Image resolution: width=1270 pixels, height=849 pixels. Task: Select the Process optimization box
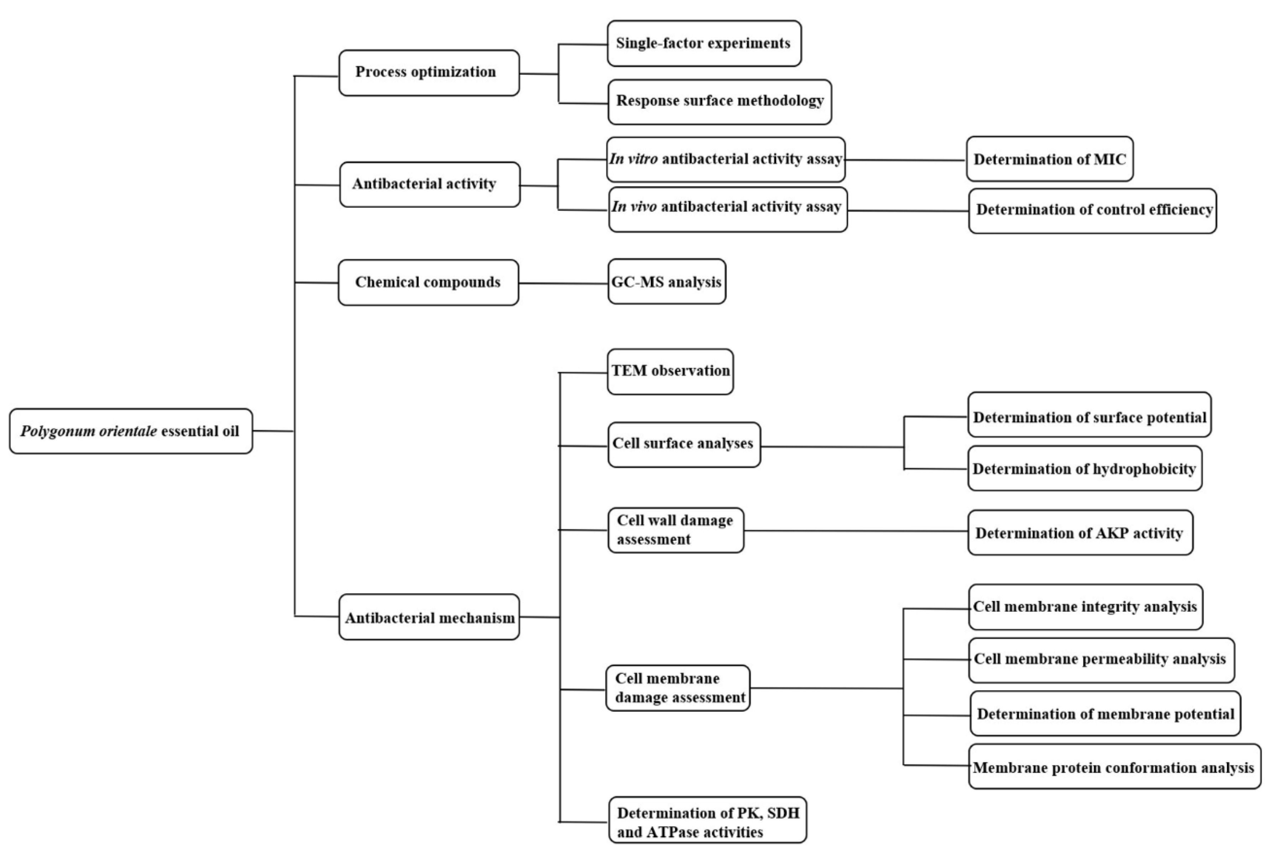429,73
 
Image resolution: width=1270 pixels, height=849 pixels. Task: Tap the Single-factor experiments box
704,43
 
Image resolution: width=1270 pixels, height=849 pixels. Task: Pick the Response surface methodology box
720,102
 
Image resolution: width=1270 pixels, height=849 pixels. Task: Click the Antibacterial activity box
430,184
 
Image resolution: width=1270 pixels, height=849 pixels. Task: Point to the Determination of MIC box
1050,159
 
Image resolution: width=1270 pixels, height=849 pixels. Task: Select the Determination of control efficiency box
1092,211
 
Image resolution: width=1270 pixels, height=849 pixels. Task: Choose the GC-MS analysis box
667,281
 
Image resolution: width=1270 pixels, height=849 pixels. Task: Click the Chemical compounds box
428,283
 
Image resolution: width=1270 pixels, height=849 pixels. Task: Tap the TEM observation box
670,371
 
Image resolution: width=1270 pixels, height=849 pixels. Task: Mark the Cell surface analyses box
684,444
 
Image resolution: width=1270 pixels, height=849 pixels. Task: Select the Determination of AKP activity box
1080,533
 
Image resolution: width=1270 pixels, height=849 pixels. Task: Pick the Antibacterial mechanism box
429,617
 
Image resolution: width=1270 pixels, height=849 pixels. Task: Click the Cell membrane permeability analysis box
1101,659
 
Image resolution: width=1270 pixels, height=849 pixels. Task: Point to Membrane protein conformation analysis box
1114,767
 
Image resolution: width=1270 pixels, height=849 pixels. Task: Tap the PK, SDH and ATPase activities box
707,820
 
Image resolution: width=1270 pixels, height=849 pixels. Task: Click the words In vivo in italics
634,207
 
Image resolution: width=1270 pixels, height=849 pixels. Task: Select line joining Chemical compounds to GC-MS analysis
564,283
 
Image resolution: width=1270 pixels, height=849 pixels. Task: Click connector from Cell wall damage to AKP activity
856,531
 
